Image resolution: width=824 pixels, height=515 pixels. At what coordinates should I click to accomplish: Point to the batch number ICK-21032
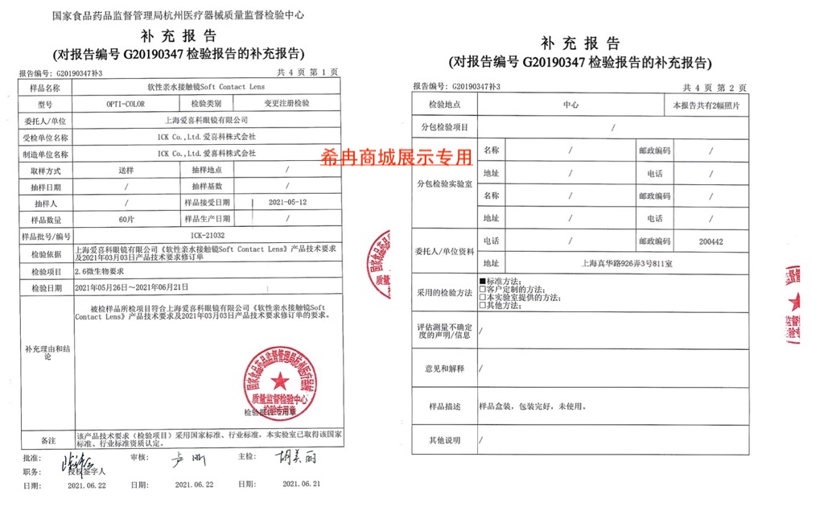click(208, 235)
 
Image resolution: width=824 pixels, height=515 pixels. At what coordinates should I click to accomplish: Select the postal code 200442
click(711, 241)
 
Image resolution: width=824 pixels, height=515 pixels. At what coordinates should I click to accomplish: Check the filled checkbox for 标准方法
click(483, 280)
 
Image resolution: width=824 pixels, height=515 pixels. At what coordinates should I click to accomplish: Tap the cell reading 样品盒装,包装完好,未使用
click(524, 406)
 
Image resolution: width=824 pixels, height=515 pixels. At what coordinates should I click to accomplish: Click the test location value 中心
click(571, 105)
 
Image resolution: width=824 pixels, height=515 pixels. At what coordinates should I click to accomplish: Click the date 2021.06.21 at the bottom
click(301, 484)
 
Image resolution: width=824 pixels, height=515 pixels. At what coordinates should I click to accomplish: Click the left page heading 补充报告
click(178, 36)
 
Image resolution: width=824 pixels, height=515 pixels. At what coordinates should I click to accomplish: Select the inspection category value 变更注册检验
click(286, 104)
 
